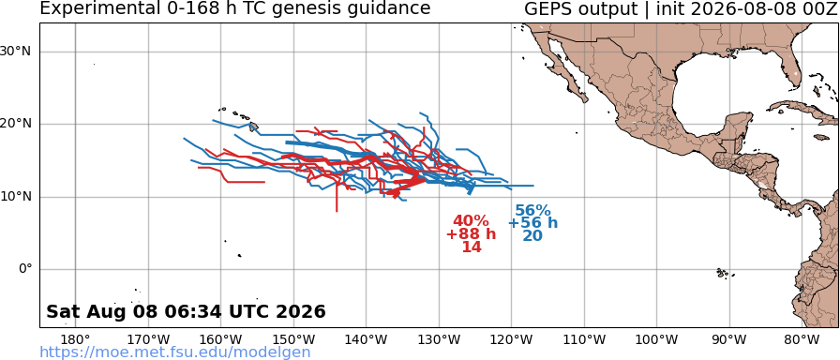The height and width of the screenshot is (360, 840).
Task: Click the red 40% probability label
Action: click(x=471, y=220)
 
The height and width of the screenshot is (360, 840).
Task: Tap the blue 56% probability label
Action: click(x=533, y=211)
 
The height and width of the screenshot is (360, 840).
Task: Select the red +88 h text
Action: click(x=471, y=234)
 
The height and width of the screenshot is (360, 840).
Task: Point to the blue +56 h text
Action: click(x=533, y=223)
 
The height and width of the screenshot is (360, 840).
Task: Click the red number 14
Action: click(x=472, y=247)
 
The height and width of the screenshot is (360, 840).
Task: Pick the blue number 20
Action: click(x=533, y=235)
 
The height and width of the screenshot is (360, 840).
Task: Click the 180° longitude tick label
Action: click(x=76, y=339)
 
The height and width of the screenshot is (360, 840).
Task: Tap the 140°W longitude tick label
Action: click(x=367, y=339)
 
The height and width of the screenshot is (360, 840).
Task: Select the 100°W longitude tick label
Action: click(x=657, y=339)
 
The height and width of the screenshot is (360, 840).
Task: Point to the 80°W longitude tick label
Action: click(x=802, y=339)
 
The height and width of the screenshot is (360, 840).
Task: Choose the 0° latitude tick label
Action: click(x=25, y=269)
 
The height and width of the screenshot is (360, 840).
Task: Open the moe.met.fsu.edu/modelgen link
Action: click(x=175, y=352)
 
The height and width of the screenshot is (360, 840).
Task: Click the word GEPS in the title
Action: click(x=546, y=8)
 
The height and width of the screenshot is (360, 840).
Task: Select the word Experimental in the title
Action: click(x=96, y=9)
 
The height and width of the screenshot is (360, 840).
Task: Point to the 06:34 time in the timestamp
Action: click(x=201, y=311)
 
